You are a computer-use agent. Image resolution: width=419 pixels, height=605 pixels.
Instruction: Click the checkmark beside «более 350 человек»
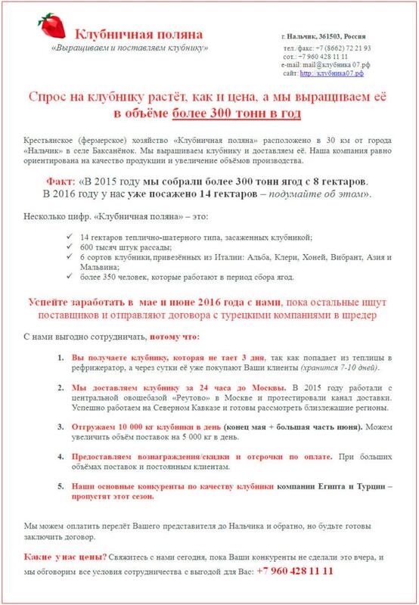[x=69, y=278]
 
